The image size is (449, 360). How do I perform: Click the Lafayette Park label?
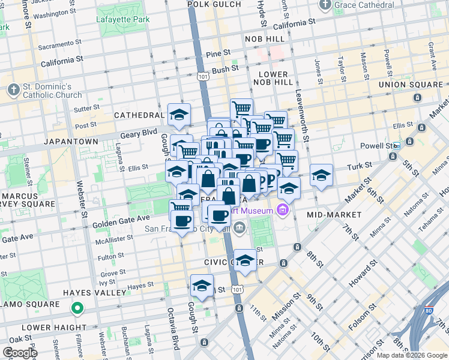coord(122,19)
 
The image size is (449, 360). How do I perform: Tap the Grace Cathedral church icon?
coord(325,5)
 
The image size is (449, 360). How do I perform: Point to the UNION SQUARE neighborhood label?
coord(411,85)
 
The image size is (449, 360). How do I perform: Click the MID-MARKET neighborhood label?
coord(334,214)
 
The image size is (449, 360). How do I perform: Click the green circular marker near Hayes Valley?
coord(77,309)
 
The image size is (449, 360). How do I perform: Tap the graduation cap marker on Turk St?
coord(322,175)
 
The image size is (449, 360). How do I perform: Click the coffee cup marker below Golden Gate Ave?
coord(182,220)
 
